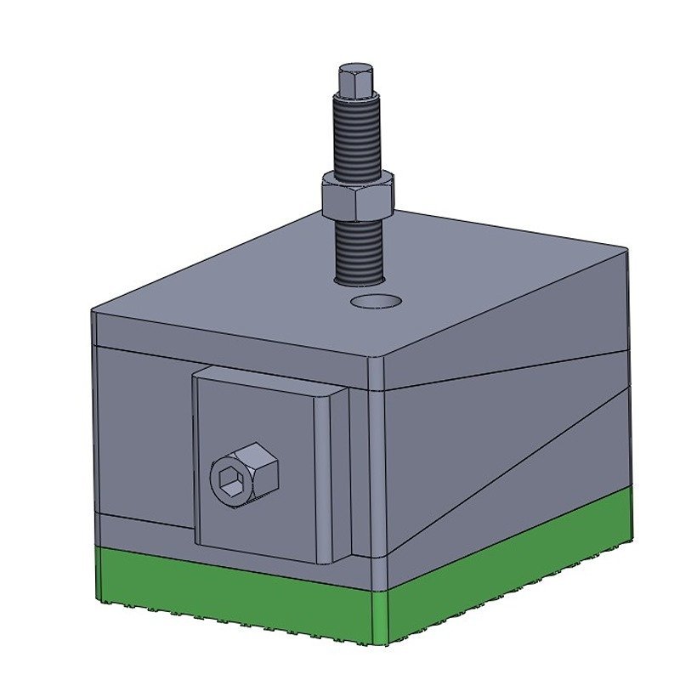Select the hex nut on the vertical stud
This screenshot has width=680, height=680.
click(x=357, y=194)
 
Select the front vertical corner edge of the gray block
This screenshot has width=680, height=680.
click(x=378, y=467)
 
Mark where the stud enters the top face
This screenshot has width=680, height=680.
click(x=360, y=278)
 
